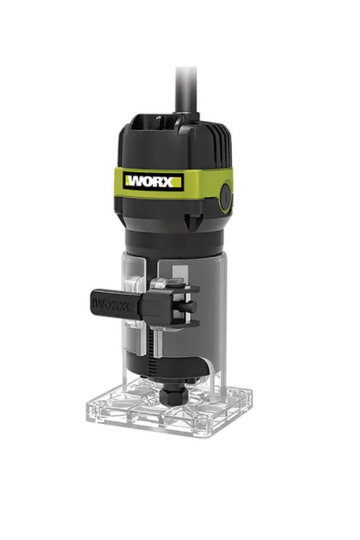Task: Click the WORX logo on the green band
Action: pos(154,181)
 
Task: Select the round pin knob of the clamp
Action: pos(190,306)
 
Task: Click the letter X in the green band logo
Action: pos(167,182)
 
